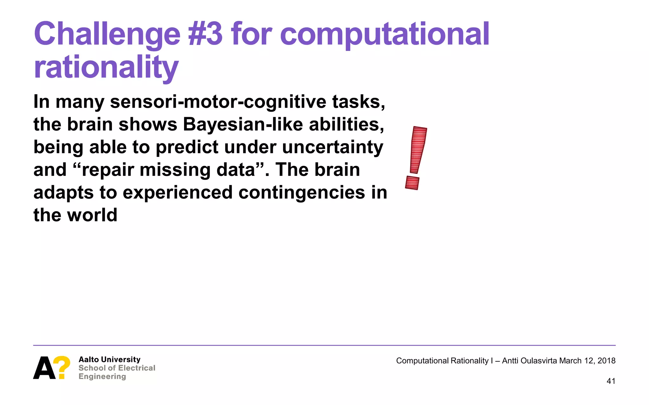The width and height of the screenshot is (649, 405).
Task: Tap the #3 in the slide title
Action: pos(205,34)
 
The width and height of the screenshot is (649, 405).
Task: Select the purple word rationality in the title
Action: pos(106,68)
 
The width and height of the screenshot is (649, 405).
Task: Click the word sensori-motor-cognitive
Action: pos(218,102)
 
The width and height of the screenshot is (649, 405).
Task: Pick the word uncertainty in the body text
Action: pos(332,147)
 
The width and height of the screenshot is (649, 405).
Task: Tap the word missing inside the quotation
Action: pos(175,170)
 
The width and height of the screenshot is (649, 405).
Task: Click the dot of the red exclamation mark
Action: pos(412,183)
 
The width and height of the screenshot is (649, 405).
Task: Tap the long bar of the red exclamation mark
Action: pos(418,150)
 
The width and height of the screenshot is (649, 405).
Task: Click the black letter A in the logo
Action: pos(44,368)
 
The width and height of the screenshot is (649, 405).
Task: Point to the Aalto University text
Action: pos(109,359)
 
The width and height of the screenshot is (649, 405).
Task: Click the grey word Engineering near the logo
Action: pos(102,377)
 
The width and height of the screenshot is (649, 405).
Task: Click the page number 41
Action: pos(611,381)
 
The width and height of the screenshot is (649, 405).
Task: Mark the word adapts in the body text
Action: pos(63,193)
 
